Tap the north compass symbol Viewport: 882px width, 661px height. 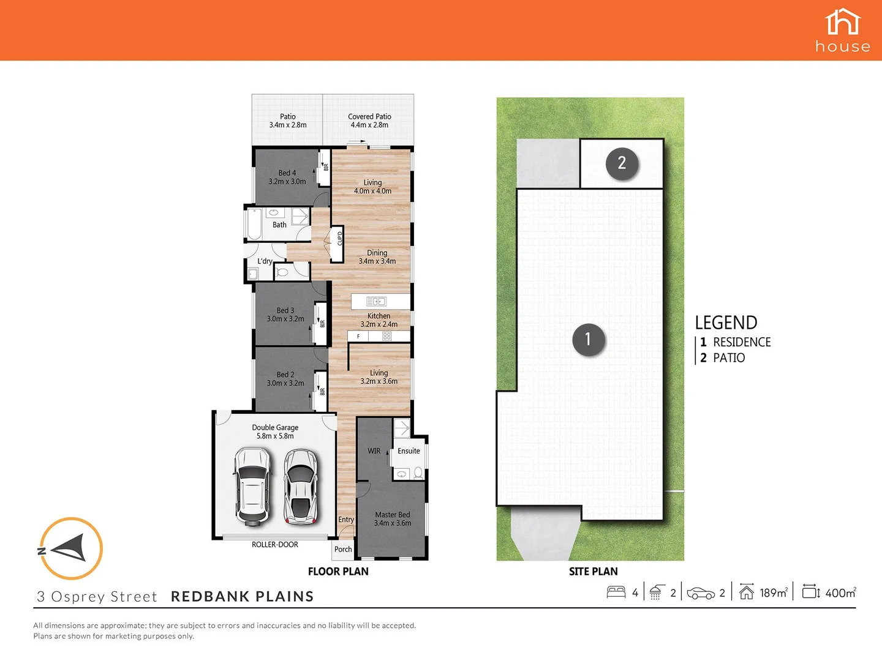coord(70,548)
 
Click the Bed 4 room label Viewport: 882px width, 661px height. coord(287,177)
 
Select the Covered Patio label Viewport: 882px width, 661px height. coord(369,121)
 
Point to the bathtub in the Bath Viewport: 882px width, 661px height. coord(254,224)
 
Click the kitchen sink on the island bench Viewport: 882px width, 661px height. coord(376,301)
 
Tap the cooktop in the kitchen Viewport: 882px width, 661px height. coord(386,336)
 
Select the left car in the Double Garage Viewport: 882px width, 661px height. coord(252,487)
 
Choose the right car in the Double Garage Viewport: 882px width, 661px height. coord(301,487)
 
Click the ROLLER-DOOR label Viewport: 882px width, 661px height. coord(274,545)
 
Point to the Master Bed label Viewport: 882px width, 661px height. coord(393,519)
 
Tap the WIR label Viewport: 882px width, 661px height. coord(374,451)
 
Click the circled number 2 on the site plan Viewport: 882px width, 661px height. coord(622,163)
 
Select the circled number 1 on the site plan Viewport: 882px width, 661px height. coord(588,339)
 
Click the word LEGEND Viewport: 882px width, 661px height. coord(726,323)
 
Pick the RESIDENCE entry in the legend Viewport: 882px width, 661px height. coord(741,342)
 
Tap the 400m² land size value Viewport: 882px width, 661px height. coord(840,592)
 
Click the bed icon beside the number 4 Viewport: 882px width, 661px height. coord(616,592)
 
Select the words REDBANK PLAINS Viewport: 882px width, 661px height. coord(242,596)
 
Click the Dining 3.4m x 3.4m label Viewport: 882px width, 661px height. coord(377,257)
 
